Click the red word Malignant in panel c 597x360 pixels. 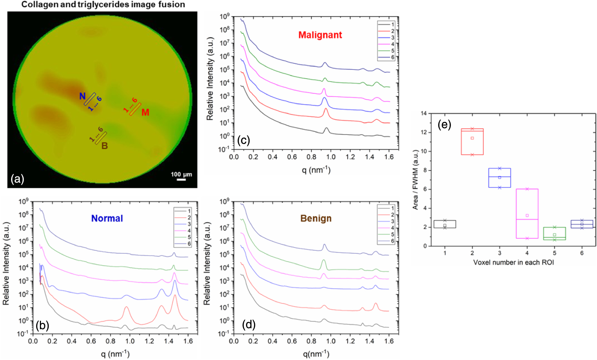320,35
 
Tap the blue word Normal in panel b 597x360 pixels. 107,218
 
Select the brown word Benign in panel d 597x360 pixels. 316,218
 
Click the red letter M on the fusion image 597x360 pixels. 145,112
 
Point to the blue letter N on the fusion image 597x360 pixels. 82,96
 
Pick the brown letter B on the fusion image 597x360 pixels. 104,146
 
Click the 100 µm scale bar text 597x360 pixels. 181,174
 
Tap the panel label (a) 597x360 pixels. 17,179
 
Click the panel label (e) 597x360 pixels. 444,125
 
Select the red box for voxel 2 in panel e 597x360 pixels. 472,142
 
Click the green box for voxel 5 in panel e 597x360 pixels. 554,233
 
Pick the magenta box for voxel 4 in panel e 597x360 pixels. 527,214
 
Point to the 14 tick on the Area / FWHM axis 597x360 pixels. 424,114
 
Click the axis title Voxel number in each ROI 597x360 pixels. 513,262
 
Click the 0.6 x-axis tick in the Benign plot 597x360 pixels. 292,341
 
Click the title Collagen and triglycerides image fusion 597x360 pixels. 103,5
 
